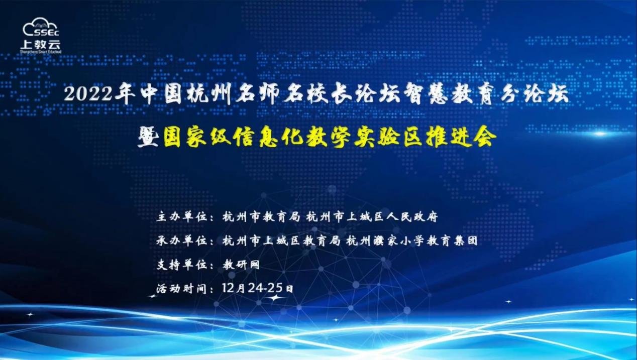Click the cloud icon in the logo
click(x=40, y=27)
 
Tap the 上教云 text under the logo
click(x=41, y=44)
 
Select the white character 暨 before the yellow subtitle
click(x=148, y=137)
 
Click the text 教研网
click(x=241, y=265)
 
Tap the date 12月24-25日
click(x=257, y=288)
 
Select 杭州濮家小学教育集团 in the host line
click(x=412, y=241)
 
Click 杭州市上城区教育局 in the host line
click(x=281, y=241)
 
